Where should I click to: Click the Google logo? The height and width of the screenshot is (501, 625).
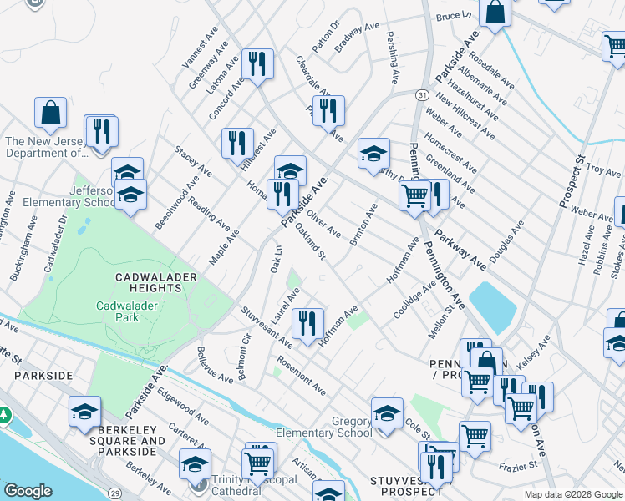[x=28, y=491]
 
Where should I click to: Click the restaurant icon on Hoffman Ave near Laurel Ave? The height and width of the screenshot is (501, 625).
[x=307, y=322]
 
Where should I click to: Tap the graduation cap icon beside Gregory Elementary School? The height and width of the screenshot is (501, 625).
[x=387, y=413]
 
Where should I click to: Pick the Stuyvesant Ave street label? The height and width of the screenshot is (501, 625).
[x=266, y=329]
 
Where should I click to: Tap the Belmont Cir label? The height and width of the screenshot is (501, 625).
[x=245, y=357]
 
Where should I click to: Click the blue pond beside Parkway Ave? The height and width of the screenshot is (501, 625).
[x=493, y=306]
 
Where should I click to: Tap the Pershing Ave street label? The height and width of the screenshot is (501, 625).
[x=391, y=58]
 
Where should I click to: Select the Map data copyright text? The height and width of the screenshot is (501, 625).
[x=572, y=494]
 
